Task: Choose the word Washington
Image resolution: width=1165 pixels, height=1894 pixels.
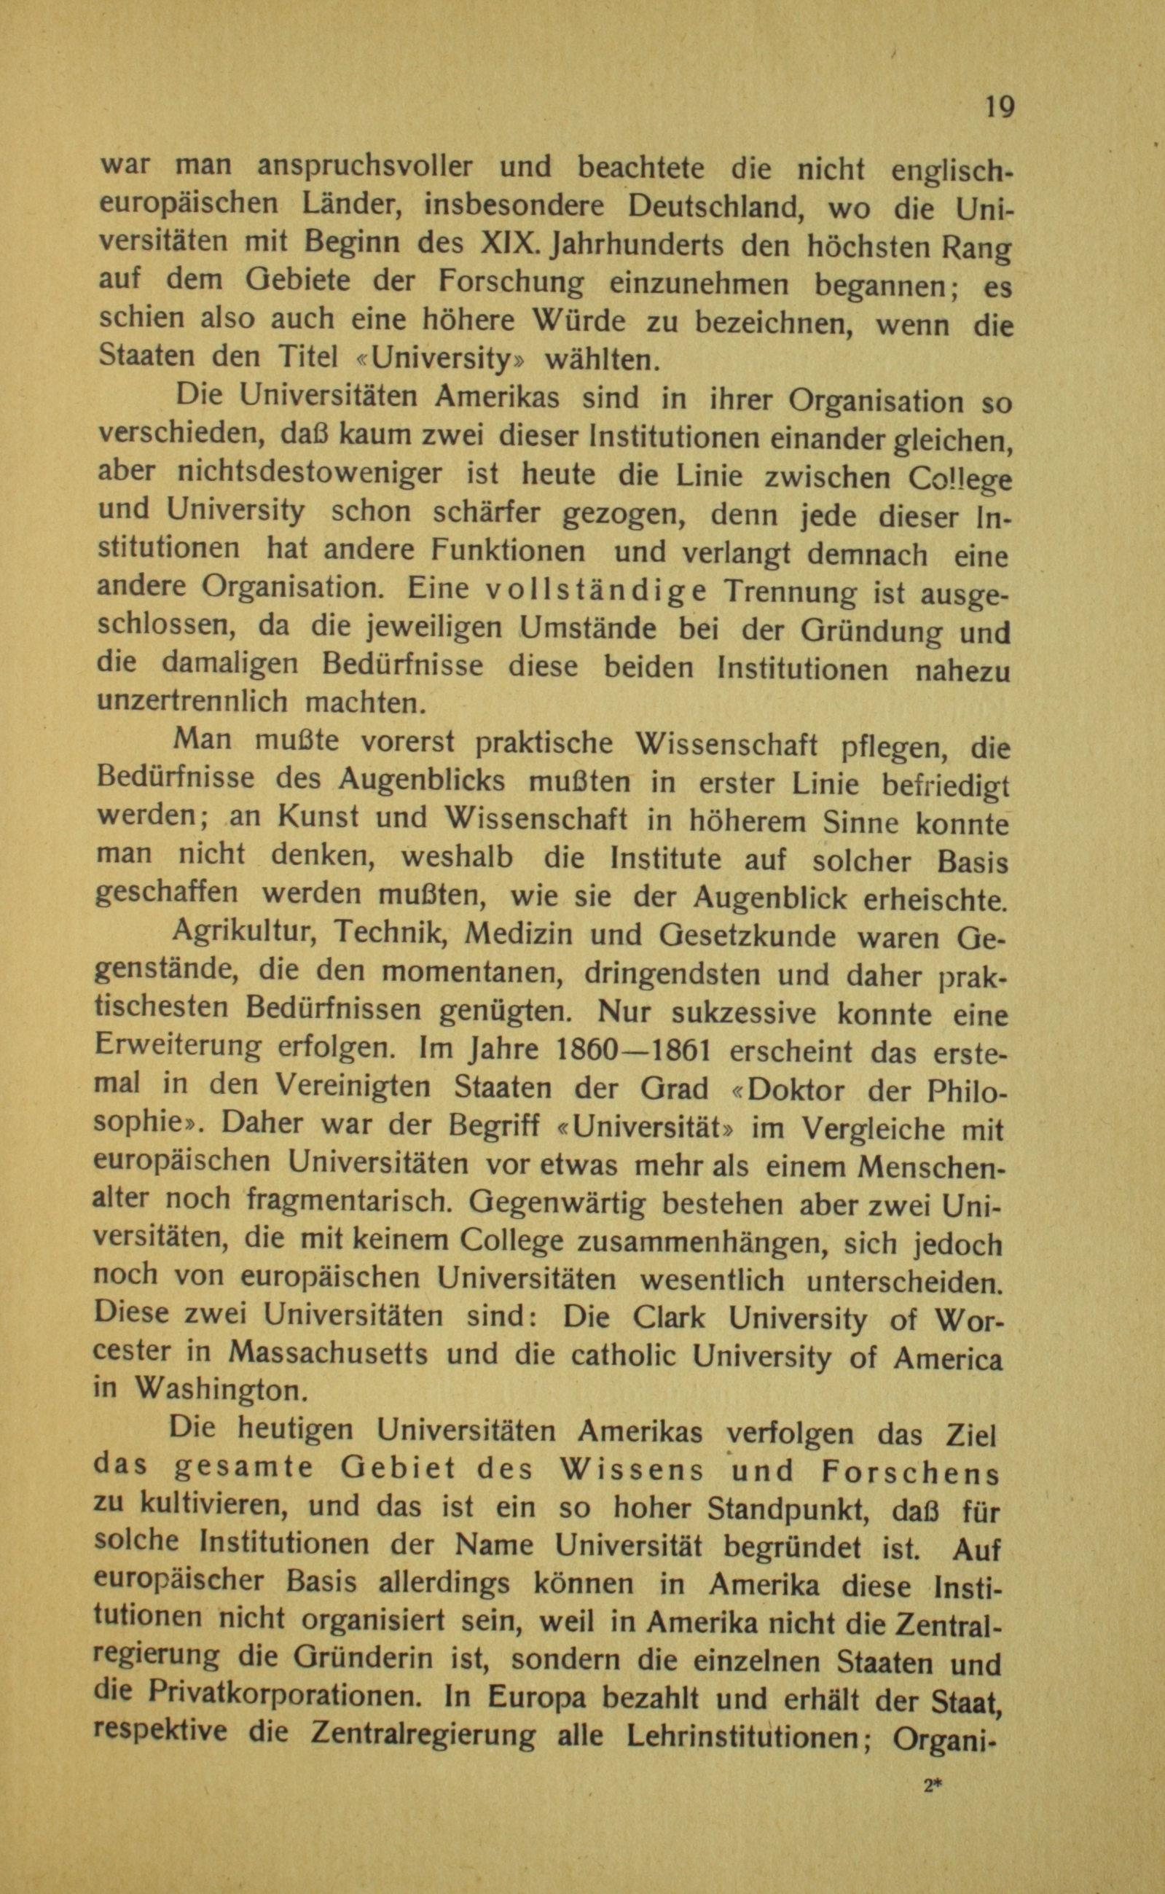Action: (220, 1392)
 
